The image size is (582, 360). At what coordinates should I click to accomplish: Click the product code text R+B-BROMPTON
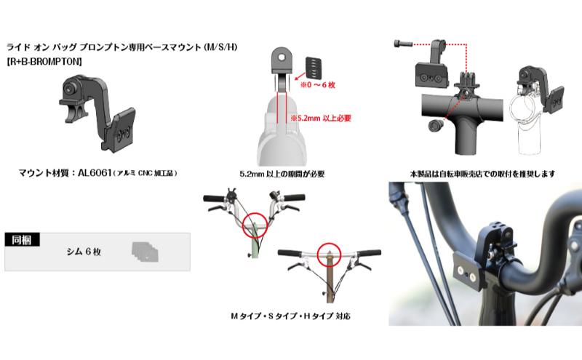tap(44, 61)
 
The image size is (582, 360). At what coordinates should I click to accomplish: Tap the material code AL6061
tap(95, 173)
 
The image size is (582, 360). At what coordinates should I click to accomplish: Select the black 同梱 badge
tap(22, 240)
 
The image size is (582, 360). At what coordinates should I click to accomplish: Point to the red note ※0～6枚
tap(318, 85)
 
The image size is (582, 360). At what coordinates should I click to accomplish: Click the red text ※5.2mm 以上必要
tap(321, 119)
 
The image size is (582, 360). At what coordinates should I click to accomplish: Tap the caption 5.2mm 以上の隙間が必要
tap(282, 174)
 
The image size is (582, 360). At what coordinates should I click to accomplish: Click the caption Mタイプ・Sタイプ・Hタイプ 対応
tap(290, 316)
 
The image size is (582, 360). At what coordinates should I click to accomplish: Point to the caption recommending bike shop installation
tap(482, 174)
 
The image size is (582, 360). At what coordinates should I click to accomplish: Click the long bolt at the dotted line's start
tap(403, 44)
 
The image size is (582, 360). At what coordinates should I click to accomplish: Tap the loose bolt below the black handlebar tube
tap(435, 125)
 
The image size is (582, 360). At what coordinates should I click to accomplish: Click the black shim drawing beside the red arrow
tap(313, 68)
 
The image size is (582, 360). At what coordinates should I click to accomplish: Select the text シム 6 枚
tap(84, 252)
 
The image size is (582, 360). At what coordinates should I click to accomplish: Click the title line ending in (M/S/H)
tap(121, 47)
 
